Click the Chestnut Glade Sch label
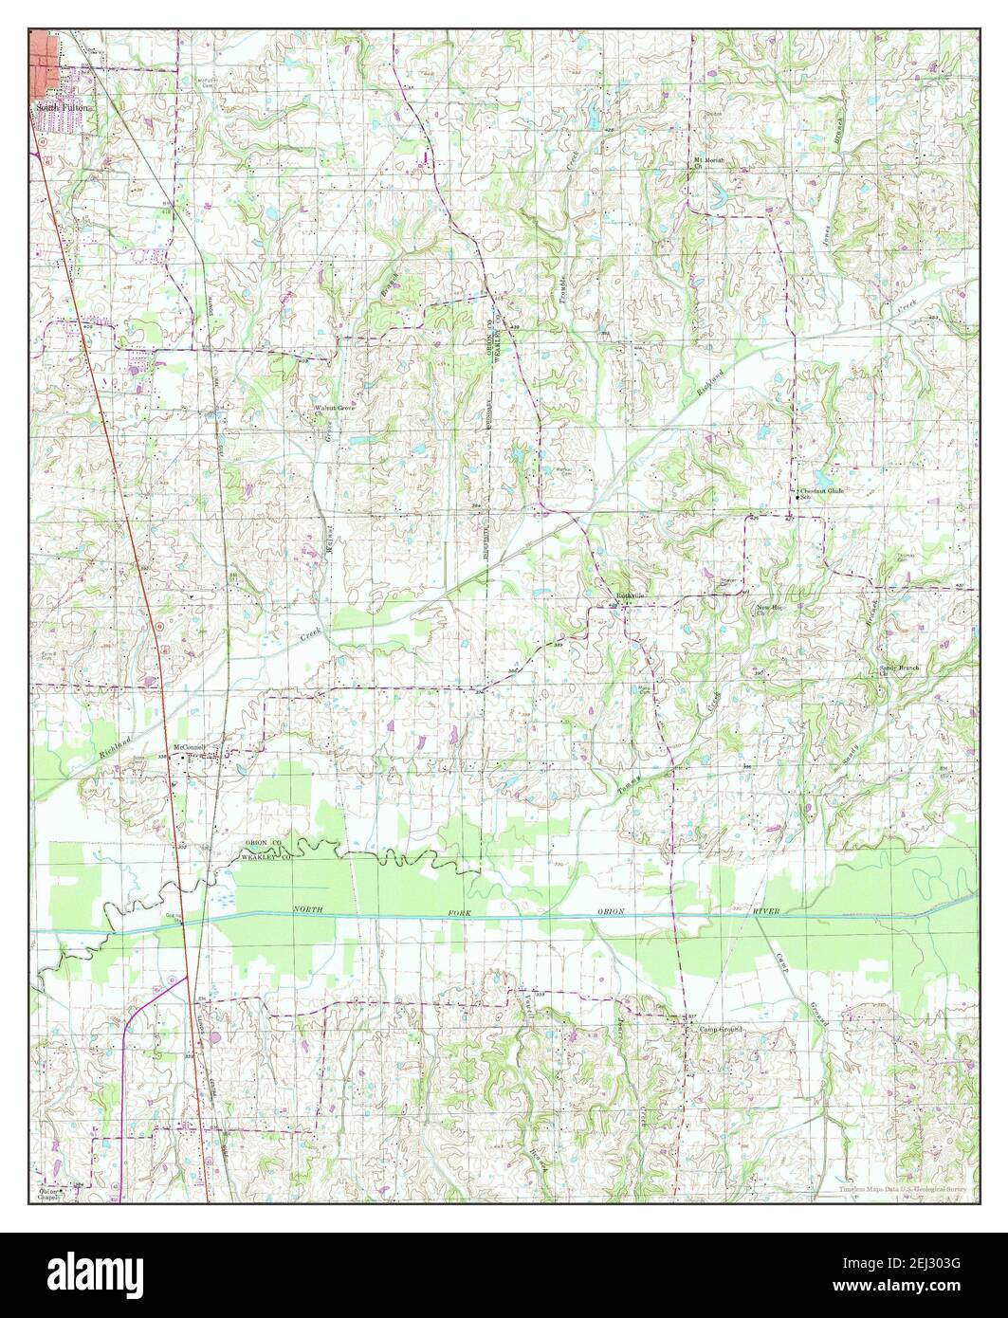(820, 492)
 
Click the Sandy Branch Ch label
(897, 670)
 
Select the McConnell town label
(203, 746)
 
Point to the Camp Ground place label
(719, 1029)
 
